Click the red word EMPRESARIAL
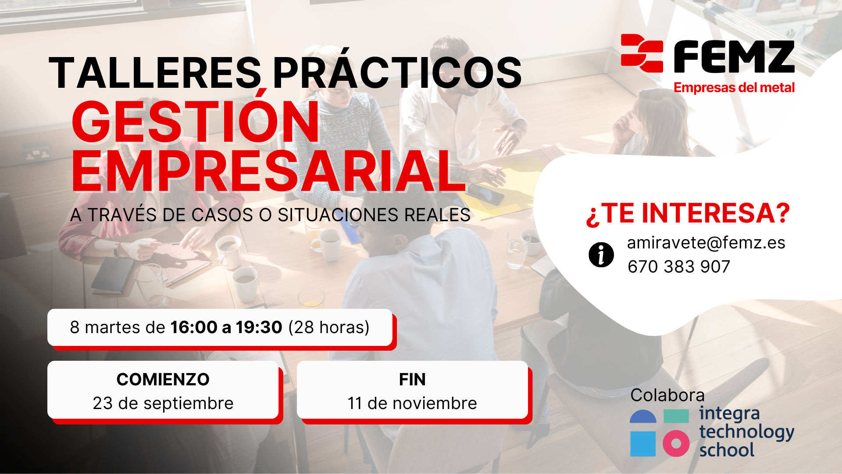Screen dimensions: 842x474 click(268, 172)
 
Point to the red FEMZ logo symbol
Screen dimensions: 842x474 click(642, 53)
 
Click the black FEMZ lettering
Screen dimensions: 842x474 click(734, 57)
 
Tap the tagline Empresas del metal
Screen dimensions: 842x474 click(734, 88)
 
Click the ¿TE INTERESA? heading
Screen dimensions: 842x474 click(688, 214)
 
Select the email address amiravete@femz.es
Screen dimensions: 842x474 click(706, 243)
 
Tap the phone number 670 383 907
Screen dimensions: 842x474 click(679, 266)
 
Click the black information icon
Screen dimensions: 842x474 click(601, 255)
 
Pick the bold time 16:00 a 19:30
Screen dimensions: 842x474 click(226, 327)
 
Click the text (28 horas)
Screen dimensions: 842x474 click(329, 327)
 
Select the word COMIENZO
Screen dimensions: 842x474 click(163, 380)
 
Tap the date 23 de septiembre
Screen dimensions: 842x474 click(163, 403)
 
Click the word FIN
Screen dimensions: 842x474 click(412, 380)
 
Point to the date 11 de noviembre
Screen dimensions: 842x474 click(412, 403)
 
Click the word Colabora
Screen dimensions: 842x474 click(667, 395)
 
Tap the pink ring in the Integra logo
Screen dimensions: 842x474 click(676, 444)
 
